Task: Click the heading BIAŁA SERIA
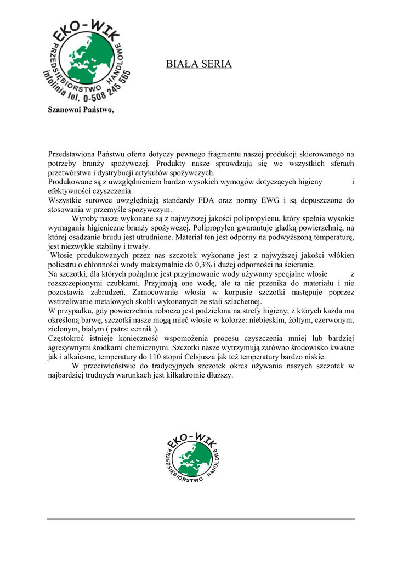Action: click(198, 64)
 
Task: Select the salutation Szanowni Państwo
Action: click(81, 109)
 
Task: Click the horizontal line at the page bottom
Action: click(201, 518)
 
